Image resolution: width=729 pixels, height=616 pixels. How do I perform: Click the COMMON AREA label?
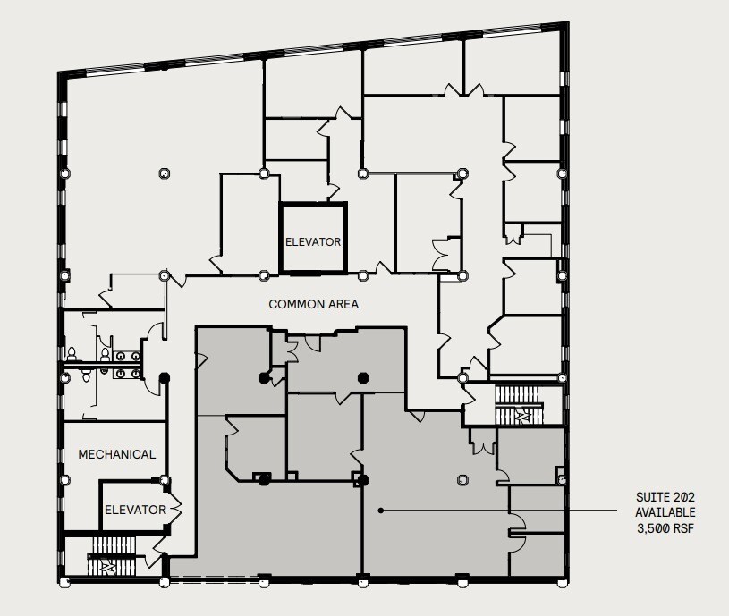pyautogui.click(x=313, y=305)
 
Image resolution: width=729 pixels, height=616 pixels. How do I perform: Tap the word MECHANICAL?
pyautogui.click(x=116, y=454)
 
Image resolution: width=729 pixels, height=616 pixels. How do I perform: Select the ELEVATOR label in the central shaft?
pyautogui.click(x=313, y=241)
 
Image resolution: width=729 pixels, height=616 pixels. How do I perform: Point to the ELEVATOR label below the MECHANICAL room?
pyautogui.click(x=135, y=510)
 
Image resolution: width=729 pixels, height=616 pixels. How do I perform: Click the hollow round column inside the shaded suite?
pyautogui.click(x=462, y=478)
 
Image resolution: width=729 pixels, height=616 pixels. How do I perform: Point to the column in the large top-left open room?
pyautogui.click(x=162, y=173)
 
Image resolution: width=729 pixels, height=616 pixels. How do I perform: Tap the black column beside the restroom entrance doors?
pyautogui.click(x=164, y=378)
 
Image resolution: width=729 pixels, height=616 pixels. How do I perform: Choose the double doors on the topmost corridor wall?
pyautogui.click(x=463, y=89)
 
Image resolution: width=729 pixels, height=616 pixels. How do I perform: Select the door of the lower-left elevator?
pyautogui.click(x=174, y=510)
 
